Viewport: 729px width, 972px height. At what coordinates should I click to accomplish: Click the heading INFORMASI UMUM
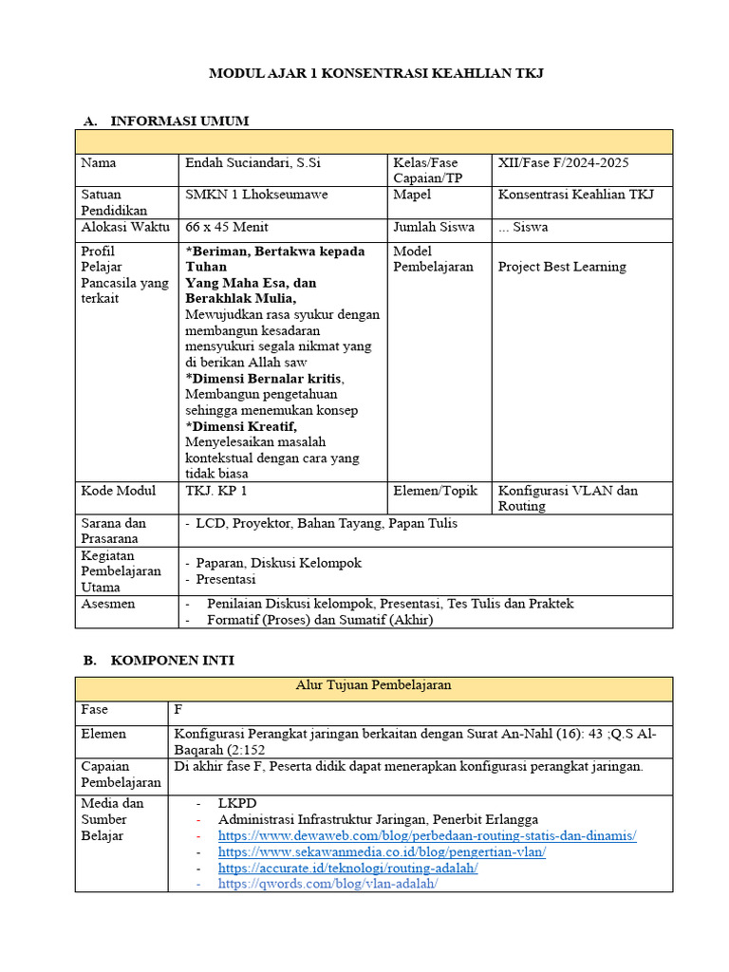pos(179,121)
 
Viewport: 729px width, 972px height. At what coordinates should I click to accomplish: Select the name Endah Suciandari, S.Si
pos(253,162)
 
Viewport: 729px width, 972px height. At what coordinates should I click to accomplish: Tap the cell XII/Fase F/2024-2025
pos(563,162)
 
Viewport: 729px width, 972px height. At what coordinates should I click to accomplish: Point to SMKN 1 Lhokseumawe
pos(257,195)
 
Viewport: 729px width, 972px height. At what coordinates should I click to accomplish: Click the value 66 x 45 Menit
pos(227,227)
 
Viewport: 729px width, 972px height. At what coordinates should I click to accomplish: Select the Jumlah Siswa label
pos(433,227)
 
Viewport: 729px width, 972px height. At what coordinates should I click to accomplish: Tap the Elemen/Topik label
pos(436,491)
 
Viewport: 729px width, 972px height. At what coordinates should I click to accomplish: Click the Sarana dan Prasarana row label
pos(114,531)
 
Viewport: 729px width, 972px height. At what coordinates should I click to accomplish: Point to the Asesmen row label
pos(108,604)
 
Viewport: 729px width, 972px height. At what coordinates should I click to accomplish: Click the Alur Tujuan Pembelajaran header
pos(373,684)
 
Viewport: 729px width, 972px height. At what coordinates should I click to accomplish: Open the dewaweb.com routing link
pos(427,835)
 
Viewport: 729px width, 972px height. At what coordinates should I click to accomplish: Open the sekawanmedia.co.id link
pos(382,851)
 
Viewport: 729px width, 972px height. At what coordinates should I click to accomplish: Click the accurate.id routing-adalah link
pos(347,868)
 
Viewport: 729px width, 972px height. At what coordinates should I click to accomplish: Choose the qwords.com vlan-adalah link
pos(327,884)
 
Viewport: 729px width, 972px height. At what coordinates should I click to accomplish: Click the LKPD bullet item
pos(237,803)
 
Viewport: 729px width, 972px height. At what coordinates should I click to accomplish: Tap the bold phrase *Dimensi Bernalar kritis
pos(264,378)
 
